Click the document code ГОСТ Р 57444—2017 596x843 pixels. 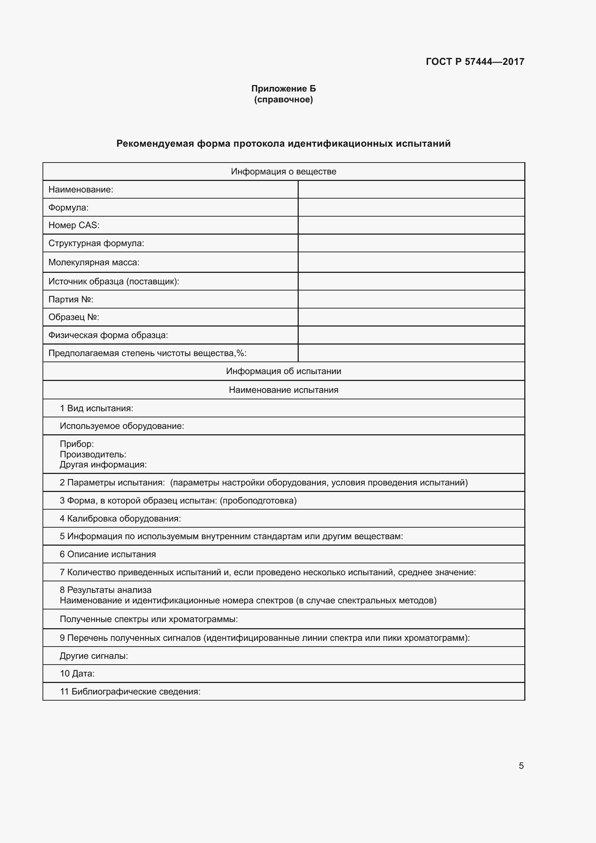click(x=475, y=62)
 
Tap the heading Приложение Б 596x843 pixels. click(x=283, y=89)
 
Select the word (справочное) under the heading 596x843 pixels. click(x=283, y=99)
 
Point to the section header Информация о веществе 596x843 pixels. click(x=283, y=172)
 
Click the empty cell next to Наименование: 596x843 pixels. click(x=411, y=190)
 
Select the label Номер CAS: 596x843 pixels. click(x=74, y=225)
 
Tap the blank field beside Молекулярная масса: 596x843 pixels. click(x=411, y=262)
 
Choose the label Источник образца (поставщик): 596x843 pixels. click(x=114, y=281)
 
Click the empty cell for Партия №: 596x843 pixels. click(x=411, y=299)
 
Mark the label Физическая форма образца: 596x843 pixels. click(x=108, y=335)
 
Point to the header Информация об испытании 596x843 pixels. click(x=283, y=371)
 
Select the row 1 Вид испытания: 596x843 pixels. click(x=97, y=408)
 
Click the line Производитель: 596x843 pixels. click(x=93, y=454)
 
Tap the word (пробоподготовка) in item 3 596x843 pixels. click(x=258, y=501)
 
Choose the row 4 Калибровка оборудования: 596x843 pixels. click(x=120, y=518)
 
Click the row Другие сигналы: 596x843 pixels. click(x=94, y=656)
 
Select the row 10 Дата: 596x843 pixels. click(x=77, y=673)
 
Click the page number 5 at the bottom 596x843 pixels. click(x=521, y=766)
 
